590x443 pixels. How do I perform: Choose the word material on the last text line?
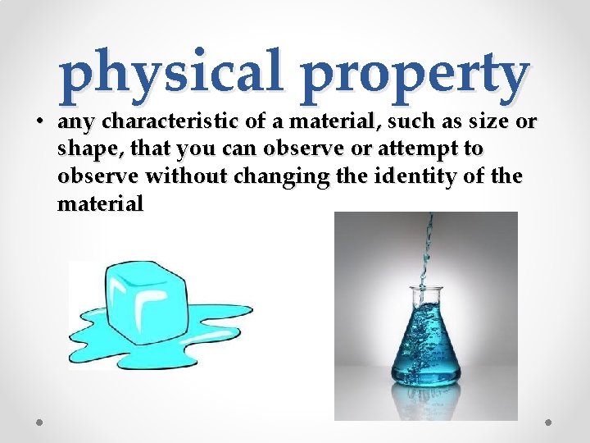click(x=99, y=203)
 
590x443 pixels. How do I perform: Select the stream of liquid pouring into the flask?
click(x=427, y=246)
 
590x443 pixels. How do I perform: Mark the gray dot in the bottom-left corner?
click(x=39, y=422)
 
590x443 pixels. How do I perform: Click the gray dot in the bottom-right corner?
click(x=550, y=422)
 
